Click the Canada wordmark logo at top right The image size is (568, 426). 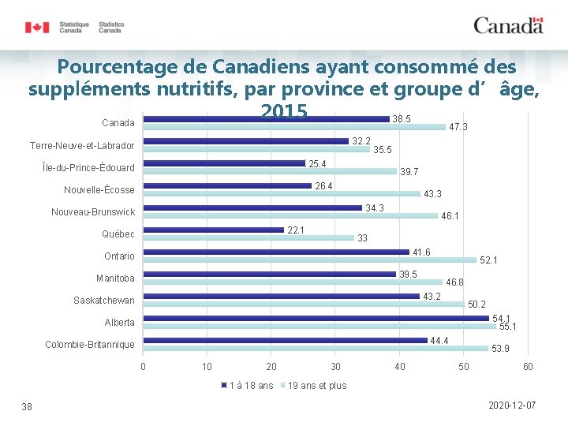(508, 25)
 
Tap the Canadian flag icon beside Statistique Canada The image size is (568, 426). (37, 28)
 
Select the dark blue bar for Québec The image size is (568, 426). (213, 230)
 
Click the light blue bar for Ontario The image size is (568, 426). (309, 260)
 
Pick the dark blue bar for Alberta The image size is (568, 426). (316, 318)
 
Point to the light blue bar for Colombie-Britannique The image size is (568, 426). (316, 348)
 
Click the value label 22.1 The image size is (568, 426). (297, 230)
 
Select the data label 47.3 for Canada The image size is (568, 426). (458, 127)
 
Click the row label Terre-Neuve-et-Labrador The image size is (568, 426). (82, 146)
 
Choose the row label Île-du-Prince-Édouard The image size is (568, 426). (83, 168)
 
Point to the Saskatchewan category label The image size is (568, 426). (104, 301)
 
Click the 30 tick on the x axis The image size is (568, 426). (336, 366)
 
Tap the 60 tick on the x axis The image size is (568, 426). (529, 366)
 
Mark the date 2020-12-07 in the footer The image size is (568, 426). (512, 405)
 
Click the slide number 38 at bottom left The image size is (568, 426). (27, 405)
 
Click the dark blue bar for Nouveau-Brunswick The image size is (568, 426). (252, 207)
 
